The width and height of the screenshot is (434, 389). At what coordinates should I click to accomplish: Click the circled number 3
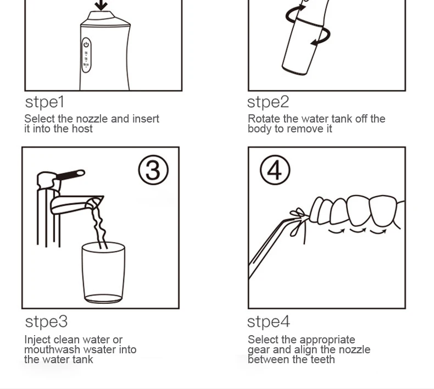coord(153,170)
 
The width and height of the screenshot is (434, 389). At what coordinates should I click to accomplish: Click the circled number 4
coord(275,170)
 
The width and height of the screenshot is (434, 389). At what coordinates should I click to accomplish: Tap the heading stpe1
coord(44,102)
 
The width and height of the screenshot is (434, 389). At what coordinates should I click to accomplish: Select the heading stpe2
coord(268,102)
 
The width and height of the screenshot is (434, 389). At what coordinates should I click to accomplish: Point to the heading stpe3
coord(46,322)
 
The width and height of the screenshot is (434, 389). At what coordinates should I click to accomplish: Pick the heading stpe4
coord(269,322)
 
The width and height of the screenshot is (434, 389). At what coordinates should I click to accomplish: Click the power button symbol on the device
coord(86,45)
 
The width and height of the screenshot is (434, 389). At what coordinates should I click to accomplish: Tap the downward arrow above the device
coord(101,5)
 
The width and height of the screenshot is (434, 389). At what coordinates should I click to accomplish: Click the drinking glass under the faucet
coord(103,273)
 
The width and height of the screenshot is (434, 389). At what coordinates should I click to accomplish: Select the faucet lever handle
coord(70,175)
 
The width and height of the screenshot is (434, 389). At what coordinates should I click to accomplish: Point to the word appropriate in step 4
coord(328,340)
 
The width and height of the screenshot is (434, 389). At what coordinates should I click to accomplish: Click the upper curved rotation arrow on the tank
coord(294,13)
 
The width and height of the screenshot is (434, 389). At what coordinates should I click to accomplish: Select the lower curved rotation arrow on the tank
coord(322,37)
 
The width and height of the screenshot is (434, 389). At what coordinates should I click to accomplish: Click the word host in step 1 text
coord(82,129)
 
